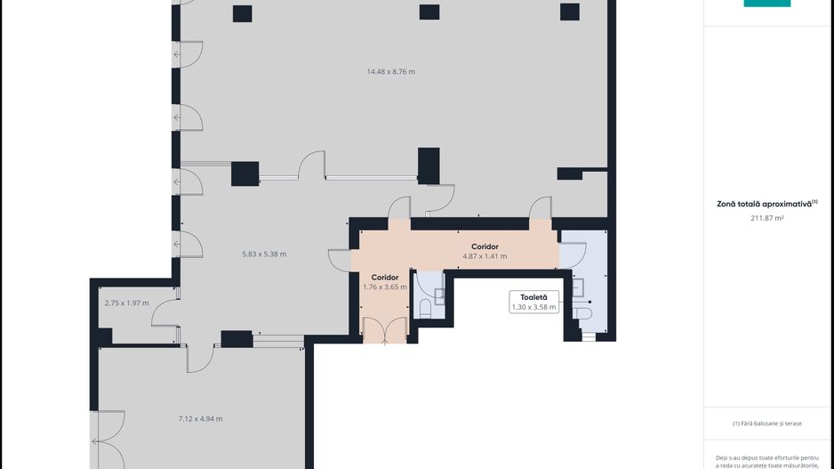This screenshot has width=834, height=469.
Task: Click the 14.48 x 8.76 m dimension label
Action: point(391,72)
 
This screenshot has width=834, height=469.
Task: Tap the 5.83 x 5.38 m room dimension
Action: point(264,255)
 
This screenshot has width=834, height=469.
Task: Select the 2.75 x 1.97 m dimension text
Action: point(126,303)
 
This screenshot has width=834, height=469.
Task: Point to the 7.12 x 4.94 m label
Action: point(201,419)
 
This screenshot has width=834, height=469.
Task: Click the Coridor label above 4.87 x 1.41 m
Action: point(485,247)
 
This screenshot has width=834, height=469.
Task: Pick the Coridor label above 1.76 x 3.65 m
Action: point(385,278)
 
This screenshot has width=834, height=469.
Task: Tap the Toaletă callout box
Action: point(534,302)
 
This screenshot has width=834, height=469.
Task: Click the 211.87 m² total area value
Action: point(767,218)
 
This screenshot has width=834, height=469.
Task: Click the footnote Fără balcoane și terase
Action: point(767,424)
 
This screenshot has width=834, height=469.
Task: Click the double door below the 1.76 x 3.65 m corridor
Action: point(385,331)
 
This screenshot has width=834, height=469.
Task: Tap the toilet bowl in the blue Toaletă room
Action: point(582,313)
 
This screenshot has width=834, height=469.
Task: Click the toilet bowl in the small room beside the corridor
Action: point(426,308)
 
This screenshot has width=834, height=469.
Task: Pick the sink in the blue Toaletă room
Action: point(578,287)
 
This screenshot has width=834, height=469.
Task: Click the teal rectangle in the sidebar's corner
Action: point(767,4)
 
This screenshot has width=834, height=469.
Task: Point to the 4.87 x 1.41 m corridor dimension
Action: point(485,256)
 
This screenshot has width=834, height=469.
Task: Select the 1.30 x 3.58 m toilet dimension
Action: point(534,308)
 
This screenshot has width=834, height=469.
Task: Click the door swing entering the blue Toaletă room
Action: point(573,255)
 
